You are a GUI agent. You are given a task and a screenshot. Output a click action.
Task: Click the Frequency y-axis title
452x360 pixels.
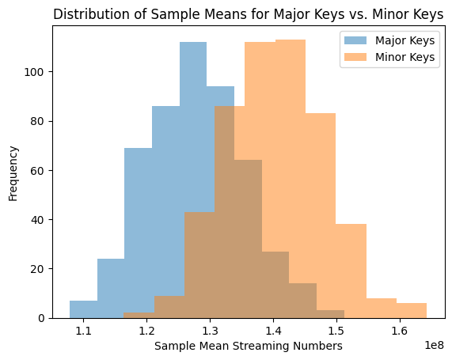pyautogui.click(x=13, y=172)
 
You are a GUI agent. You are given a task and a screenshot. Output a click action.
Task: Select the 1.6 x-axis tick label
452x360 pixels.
pyautogui.click(x=399, y=330)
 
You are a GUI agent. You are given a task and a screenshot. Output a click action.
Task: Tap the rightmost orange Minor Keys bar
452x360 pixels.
pyautogui.click(x=412, y=311)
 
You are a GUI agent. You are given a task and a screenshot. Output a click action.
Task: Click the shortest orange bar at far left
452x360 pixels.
pyautogui.click(x=139, y=316)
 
